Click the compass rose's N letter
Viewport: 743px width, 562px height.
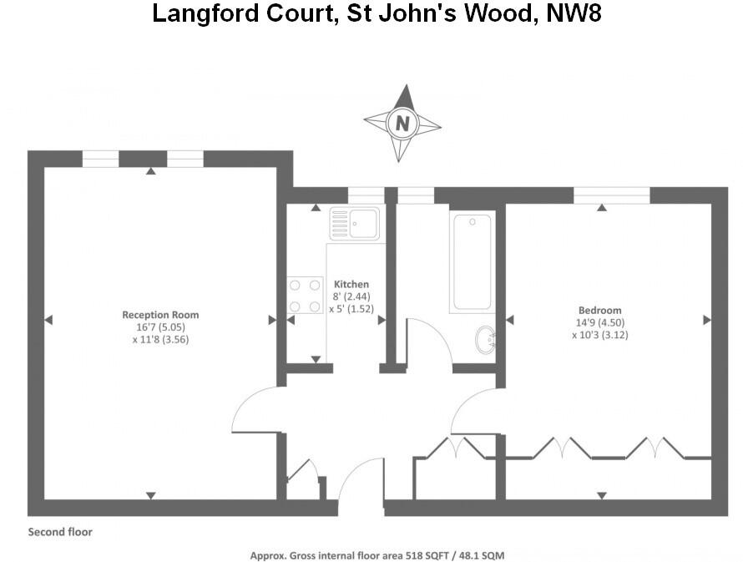(402, 125)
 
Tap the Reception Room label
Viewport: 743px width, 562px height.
(160, 315)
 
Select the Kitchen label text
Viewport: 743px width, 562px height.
(351, 285)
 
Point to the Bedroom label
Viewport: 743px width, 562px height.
(598, 311)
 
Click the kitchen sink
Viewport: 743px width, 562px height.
(355, 224)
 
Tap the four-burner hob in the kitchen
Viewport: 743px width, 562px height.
(305, 296)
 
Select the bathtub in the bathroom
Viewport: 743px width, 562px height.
(473, 261)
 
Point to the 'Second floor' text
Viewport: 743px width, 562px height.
(60, 532)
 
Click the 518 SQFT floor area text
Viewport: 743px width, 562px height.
(425, 555)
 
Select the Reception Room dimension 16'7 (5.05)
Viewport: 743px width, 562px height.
(160, 327)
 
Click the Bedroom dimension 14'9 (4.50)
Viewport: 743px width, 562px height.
(598, 323)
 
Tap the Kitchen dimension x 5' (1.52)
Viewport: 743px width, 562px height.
(351, 308)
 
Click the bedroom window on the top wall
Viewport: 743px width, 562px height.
(611, 195)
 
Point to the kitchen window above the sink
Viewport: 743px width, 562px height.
(365, 195)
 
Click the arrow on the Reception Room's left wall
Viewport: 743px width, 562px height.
(48, 319)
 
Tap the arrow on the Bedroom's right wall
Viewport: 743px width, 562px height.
(706, 319)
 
